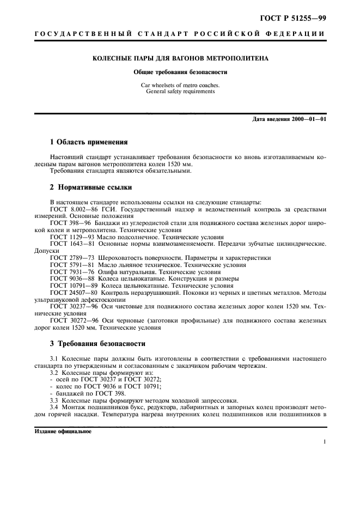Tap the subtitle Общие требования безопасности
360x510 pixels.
(x=180, y=72)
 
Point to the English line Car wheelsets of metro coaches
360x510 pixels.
(x=180, y=85)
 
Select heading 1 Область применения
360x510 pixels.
(x=88, y=142)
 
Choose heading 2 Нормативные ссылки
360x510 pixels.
(x=90, y=187)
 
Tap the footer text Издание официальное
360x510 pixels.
(x=63, y=431)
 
